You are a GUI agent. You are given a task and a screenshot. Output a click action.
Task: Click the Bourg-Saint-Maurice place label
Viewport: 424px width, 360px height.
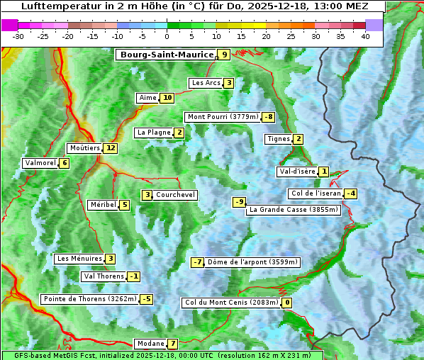[167, 55]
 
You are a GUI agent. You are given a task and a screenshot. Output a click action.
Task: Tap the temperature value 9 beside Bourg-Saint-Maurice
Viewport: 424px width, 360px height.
[224, 55]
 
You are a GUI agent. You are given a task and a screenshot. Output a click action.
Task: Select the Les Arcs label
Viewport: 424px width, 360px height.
[206, 83]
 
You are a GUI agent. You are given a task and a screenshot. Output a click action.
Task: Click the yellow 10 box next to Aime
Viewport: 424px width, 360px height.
[167, 98]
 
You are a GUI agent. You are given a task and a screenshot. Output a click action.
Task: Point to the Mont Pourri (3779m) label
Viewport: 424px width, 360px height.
[222, 117]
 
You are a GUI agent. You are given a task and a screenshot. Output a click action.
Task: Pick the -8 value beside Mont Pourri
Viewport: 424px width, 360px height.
[268, 117]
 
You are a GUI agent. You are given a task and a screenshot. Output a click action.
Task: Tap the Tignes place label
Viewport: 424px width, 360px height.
[278, 139]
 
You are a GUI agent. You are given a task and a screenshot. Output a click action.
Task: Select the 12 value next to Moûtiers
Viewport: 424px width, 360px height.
[110, 148]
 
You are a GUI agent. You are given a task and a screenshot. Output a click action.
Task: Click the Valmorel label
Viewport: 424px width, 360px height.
[40, 163]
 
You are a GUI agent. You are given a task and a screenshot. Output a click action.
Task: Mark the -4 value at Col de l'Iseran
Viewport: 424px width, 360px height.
[350, 193]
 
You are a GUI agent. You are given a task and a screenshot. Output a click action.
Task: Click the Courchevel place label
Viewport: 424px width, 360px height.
[175, 195]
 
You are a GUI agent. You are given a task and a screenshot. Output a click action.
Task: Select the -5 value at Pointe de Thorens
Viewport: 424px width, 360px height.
[146, 299]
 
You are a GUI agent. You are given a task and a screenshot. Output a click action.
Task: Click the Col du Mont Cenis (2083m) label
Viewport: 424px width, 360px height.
[230, 303]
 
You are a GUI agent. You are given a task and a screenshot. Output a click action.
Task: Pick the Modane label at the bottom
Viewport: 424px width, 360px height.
[150, 344]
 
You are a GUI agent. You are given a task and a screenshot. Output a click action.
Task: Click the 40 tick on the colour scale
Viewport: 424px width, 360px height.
[365, 36]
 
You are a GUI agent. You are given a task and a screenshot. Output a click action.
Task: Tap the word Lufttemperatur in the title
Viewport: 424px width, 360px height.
[53, 6]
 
